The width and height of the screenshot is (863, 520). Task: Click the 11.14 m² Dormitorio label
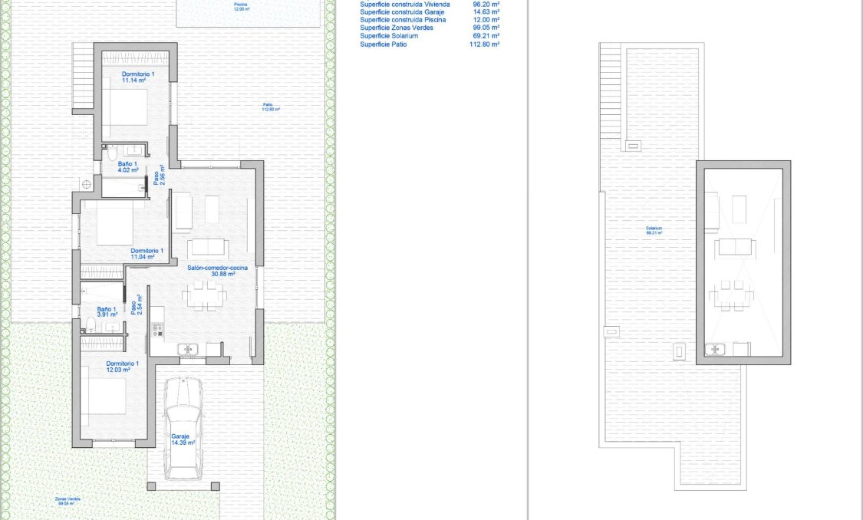[x=138, y=77]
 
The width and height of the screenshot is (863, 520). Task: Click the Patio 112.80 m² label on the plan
[x=268, y=107]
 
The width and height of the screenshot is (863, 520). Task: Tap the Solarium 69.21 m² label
[x=654, y=230]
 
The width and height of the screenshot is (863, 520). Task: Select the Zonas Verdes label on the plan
[x=68, y=501]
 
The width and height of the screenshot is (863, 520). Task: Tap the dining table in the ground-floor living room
[x=204, y=295]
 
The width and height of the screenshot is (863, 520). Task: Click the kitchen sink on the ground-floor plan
[x=187, y=350]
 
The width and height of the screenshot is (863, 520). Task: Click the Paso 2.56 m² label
[x=159, y=176]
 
